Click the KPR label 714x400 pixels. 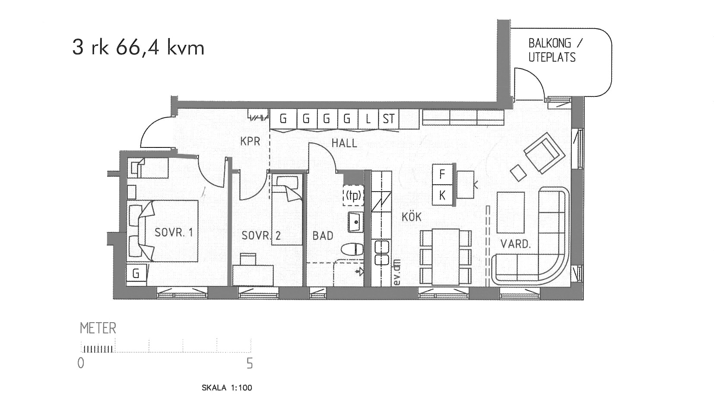[x=250, y=141]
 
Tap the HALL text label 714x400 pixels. [x=344, y=143]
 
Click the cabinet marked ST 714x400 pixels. [x=388, y=119]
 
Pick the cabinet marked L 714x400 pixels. [x=368, y=119]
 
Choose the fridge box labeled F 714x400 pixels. [x=442, y=174]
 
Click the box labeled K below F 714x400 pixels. [x=442, y=195]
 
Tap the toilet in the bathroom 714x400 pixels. [x=352, y=250]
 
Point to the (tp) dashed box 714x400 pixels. [x=353, y=195]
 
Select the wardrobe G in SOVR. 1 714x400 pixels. [x=136, y=273]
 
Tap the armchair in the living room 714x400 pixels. [x=544, y=153]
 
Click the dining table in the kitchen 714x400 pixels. [x=446, y=257]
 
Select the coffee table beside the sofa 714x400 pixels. [x=511, y=212]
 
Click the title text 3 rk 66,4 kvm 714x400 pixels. [x=138, y=48]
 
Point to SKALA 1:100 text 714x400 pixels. [x=227, y=388]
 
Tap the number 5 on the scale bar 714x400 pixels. [x=250, y=363]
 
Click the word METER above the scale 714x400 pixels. [x=98, y=328]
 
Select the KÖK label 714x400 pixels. [x=412, y=217]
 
